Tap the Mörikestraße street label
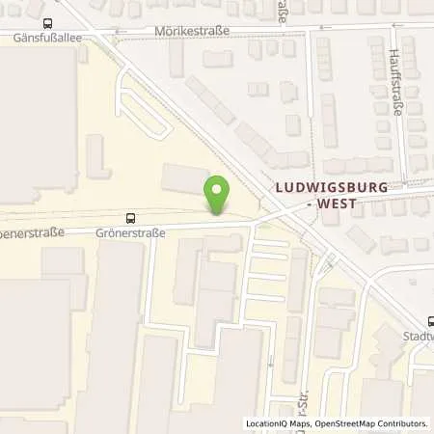(191, 31)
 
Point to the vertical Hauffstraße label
(394, 83)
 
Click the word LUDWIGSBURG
(331, 190)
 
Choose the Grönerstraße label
(131, 232)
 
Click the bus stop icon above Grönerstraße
(130, 218)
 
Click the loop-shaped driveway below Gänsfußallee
(139, 102)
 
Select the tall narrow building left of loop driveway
(95, 155)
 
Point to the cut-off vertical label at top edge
(283, 11)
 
